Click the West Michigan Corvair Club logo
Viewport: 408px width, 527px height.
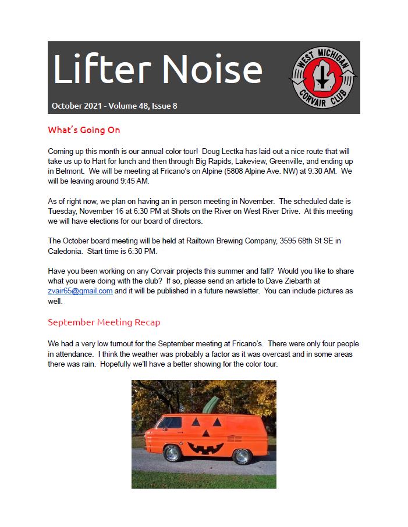[x=324, y=77]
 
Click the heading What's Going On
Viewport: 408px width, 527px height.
[x=84, y=130]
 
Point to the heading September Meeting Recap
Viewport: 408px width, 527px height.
[x=104, y=322]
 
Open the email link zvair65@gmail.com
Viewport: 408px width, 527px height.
[x=80, y=291]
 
